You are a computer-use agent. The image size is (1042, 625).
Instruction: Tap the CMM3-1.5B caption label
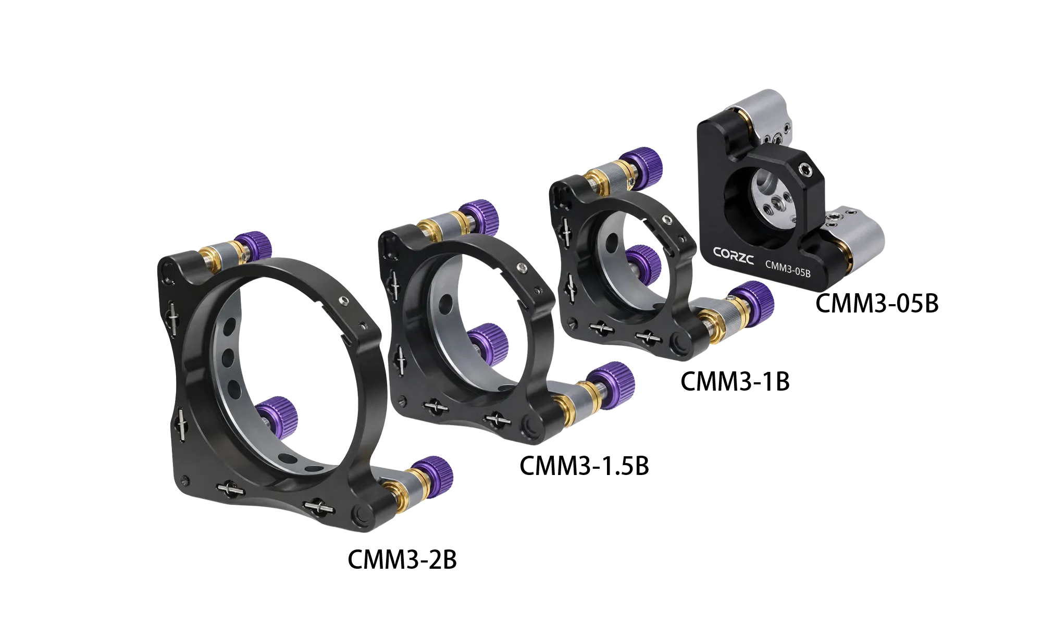click(585, 466)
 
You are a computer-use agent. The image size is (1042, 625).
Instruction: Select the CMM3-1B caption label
click(735, 381)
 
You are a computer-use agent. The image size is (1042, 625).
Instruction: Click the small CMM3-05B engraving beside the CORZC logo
click(787, 266)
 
